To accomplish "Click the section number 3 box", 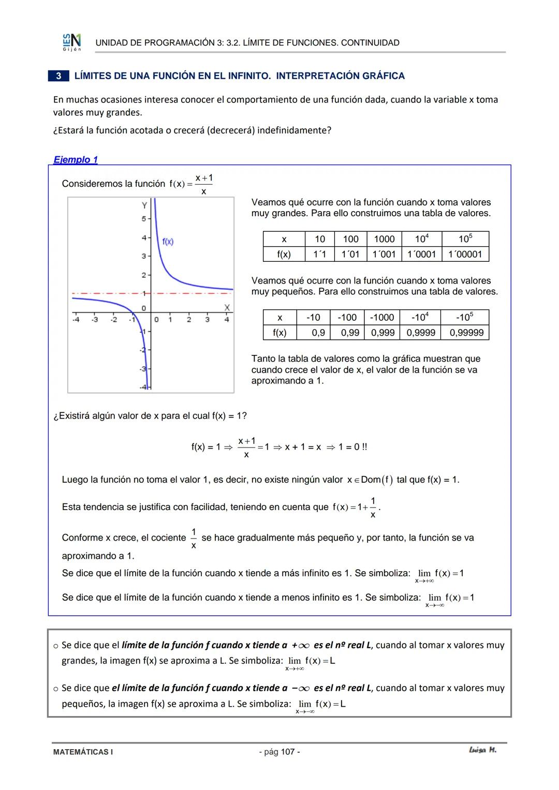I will [x=58, y=76].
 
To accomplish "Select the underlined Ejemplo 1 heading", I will [x=76, y=160].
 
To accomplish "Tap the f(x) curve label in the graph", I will [x=168, y=241].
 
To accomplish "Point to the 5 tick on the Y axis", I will [x=143, y=219].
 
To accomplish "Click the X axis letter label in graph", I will [x=227, y=307].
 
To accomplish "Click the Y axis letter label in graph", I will [x=144, y=206].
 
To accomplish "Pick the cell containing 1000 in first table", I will [x=384, y=239].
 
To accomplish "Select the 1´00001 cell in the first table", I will [x=465, y=254].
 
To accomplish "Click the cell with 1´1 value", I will [x=320, y=254].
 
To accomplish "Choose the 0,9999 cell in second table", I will [x=420, y=333].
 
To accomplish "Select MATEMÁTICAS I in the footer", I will [x=83, y=752].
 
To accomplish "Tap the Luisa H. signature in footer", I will [x=482, y=750].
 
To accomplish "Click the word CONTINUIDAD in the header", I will [x=370, y=43].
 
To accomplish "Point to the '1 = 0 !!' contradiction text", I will [x=352, y=446].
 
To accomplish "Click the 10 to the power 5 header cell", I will [x=465, y=239].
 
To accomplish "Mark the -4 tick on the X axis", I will [x=76, y=319].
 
